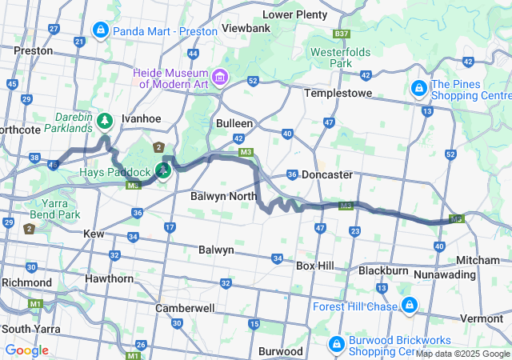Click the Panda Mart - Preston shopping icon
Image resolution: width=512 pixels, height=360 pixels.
(x=101, y=31)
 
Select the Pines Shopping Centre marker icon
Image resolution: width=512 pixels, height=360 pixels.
(x=418, y=87)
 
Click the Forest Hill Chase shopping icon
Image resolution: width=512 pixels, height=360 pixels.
(x=409, y=305)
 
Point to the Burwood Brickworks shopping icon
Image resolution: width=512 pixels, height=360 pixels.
(x=336, y=344)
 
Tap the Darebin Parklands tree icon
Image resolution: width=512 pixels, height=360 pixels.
(x=105, y=121)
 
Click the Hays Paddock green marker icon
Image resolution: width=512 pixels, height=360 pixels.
(x=163, y=170)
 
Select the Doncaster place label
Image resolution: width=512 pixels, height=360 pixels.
(x=327, y=174)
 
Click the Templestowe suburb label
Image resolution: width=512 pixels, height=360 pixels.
(x=340, y=94)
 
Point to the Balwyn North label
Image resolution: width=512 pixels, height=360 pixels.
(x=223, y=196)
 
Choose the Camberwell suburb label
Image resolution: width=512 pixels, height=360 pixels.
(x=185, y=308)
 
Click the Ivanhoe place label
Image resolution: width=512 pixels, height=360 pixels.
(x=142, y=118)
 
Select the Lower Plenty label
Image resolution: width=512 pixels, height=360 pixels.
(x=294, y=14)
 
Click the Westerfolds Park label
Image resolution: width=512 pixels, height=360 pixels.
(x=341, y=57)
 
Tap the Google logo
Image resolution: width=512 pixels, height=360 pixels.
(x=26, y=350)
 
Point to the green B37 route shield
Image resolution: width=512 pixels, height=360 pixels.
(x=342, y=34)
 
